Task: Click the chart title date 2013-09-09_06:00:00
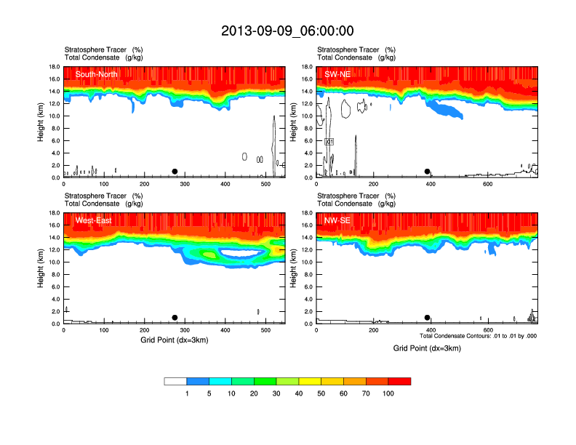click(x=287, y=31)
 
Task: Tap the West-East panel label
click(x=93, y=220)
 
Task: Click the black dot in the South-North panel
click(x=175, y=172)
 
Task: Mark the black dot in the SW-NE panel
click(x=428, y=172)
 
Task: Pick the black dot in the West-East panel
click(x=175, y=318)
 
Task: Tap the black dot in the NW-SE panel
click(x=428, y=318)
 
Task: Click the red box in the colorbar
click(x=399, y=381)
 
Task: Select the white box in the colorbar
click(x=175, y=381)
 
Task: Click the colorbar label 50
click(x=321, y=393)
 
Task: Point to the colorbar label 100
click(x=388, y=393)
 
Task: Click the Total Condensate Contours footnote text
click(x=478, y=336)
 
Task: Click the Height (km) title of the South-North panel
click(x=41, y=122)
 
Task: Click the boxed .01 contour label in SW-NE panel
click(x=329, y=141)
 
